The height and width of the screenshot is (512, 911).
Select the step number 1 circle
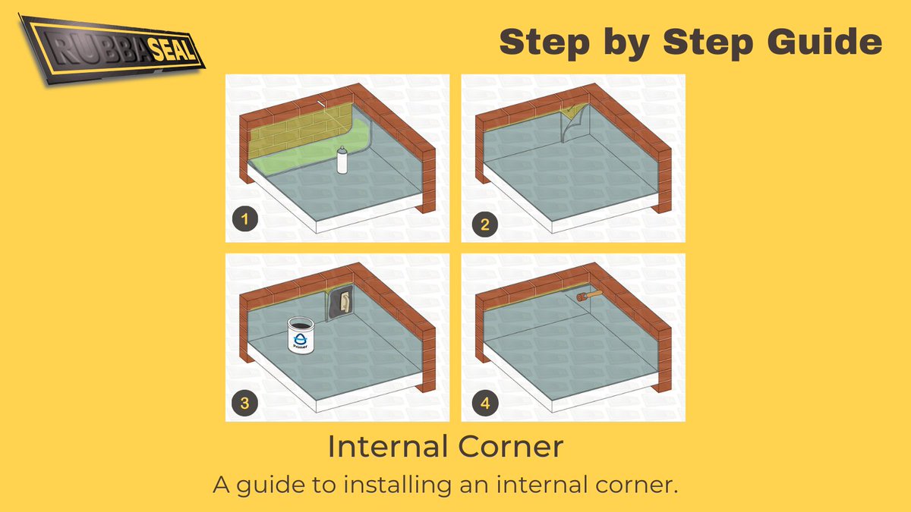(243, 221)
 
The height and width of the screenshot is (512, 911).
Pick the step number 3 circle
(244, 403)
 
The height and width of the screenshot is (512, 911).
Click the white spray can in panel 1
(342, 162)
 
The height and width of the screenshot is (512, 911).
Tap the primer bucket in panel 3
(302, 336)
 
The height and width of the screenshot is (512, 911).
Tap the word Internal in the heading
(384, 447)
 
